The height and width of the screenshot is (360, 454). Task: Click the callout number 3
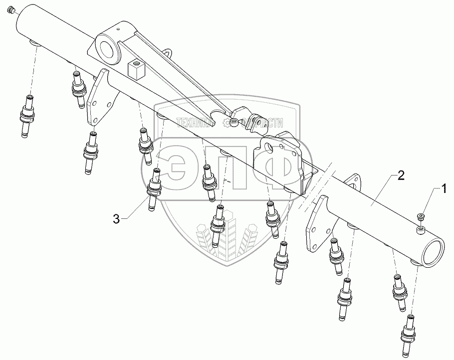click(116, 218)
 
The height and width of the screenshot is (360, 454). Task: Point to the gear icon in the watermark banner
click(227, 122)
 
